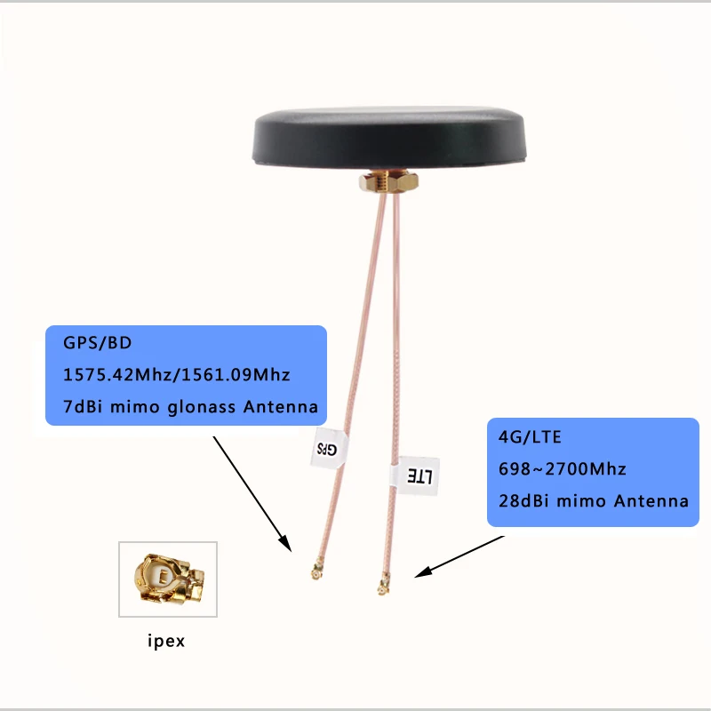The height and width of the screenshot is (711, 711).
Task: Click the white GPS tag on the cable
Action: (325, 449)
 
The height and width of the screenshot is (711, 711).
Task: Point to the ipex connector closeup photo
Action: (168, 579)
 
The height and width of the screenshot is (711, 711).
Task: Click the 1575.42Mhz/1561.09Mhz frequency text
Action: (177, 374)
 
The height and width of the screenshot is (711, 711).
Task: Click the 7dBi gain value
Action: (82, 407)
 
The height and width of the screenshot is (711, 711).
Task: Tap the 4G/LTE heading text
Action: (518, 437)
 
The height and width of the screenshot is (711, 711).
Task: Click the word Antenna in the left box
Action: (279, 407)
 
